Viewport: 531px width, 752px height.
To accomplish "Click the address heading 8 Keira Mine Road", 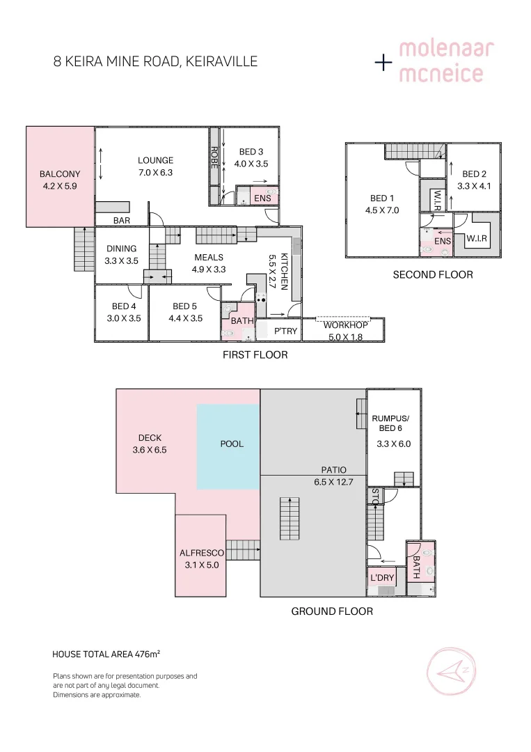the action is click(x=155, y=61).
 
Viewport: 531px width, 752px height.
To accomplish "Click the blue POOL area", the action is click(x=228, y=446).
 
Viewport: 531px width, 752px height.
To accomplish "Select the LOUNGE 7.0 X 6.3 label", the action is click(x=155, y=166).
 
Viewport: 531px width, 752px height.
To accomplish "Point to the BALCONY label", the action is click(x=60, y=174).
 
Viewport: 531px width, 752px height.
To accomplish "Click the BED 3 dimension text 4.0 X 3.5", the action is click(x=251, y=164).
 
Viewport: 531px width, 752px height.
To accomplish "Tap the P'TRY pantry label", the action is click(x=285, y=331).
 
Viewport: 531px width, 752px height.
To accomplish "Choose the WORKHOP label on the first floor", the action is click(x=346, y=325).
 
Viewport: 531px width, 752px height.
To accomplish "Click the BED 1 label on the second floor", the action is click(x=382, y=198).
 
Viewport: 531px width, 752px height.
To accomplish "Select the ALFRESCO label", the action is click(x=202, y=553).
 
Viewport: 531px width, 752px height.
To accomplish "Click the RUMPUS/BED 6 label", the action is click(x=390, y=423).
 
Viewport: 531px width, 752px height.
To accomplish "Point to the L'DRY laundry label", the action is click(x=382, y=578).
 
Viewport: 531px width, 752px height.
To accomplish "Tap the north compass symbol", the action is click(x=452, y=671).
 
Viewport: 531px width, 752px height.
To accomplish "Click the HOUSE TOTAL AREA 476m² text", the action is click(x=106, y=654).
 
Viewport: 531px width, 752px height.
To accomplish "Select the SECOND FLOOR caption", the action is click(x=433, y=275).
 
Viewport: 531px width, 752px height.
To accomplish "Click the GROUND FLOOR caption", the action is click(x=332, y=611).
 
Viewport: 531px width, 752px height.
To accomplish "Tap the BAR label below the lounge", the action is click(x=122, y=221).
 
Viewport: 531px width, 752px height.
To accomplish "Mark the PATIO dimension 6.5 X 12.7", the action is click(x=333, y=482).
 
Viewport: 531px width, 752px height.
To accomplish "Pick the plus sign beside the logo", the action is click(x=383, y=62).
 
